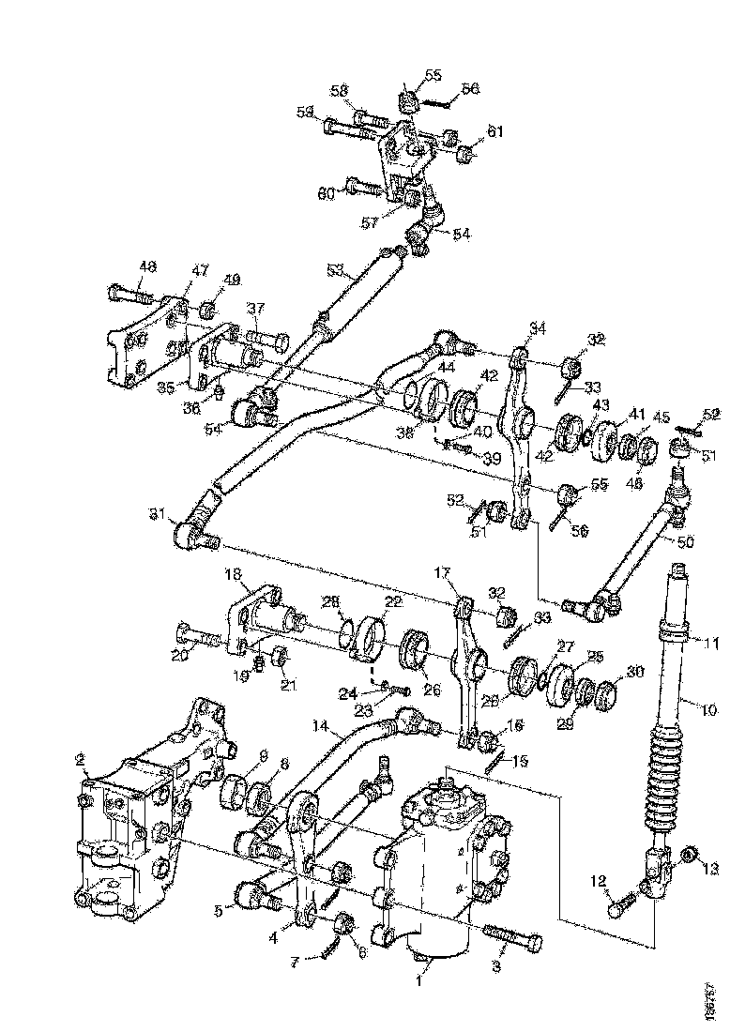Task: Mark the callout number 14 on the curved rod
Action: click(322, 726)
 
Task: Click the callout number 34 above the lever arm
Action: click(538, 327)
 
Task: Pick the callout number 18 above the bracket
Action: click(231, 572)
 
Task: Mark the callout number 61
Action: click(494, 132)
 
